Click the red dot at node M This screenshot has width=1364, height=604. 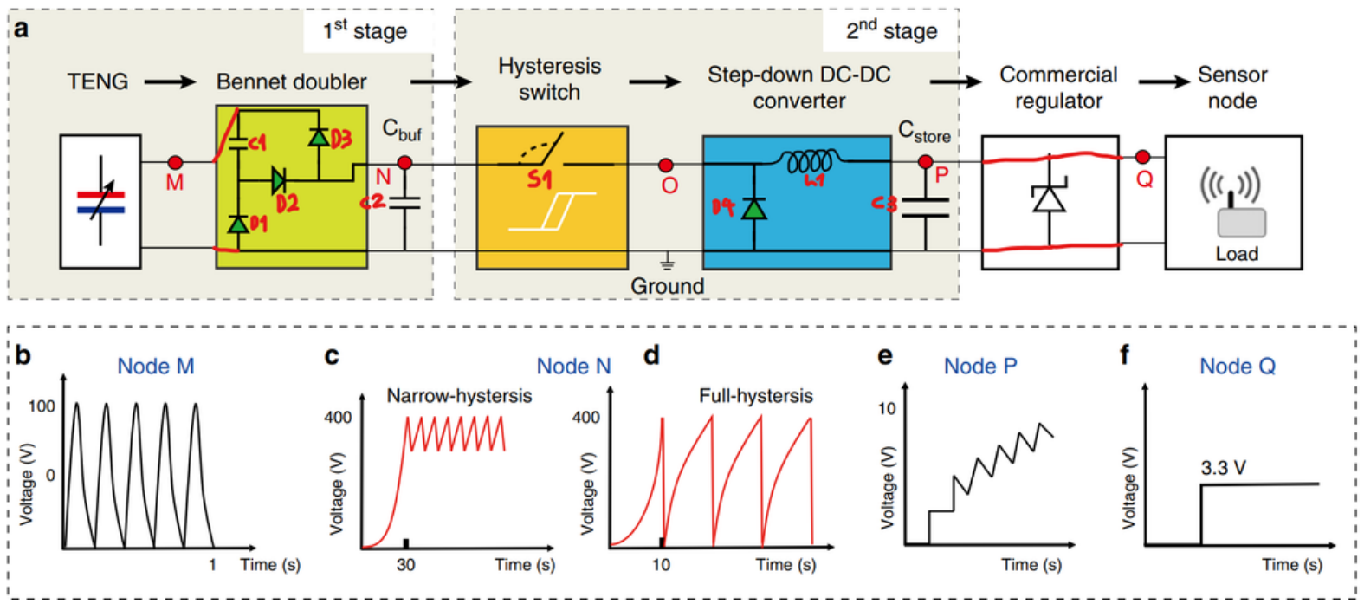click(175, 162)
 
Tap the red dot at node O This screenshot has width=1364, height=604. click(665, 165)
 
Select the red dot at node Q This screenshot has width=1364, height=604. click(1143, 157)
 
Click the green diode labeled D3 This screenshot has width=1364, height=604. click(319, 137)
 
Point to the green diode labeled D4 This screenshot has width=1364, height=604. click(754, 209)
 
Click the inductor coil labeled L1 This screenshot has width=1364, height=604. click(808, 160)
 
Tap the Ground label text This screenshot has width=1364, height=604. click(667, 286)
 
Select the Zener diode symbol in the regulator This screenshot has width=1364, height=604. click(1050, 198)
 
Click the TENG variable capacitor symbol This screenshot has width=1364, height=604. click(100, 201)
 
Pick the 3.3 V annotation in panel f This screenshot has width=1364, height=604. click(1223, 468)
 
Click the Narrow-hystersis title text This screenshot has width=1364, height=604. click(459, 396)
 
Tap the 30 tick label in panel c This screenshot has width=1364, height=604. click(405, 565)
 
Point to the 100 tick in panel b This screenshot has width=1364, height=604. click(42, 406)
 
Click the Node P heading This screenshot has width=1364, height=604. click(980, 367)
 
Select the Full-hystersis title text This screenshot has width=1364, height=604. click(756, 396)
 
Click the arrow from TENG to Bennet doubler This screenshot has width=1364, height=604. click(171, 82)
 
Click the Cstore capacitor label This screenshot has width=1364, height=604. click(924, 132)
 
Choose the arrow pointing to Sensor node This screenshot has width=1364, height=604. click(1164, 81)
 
